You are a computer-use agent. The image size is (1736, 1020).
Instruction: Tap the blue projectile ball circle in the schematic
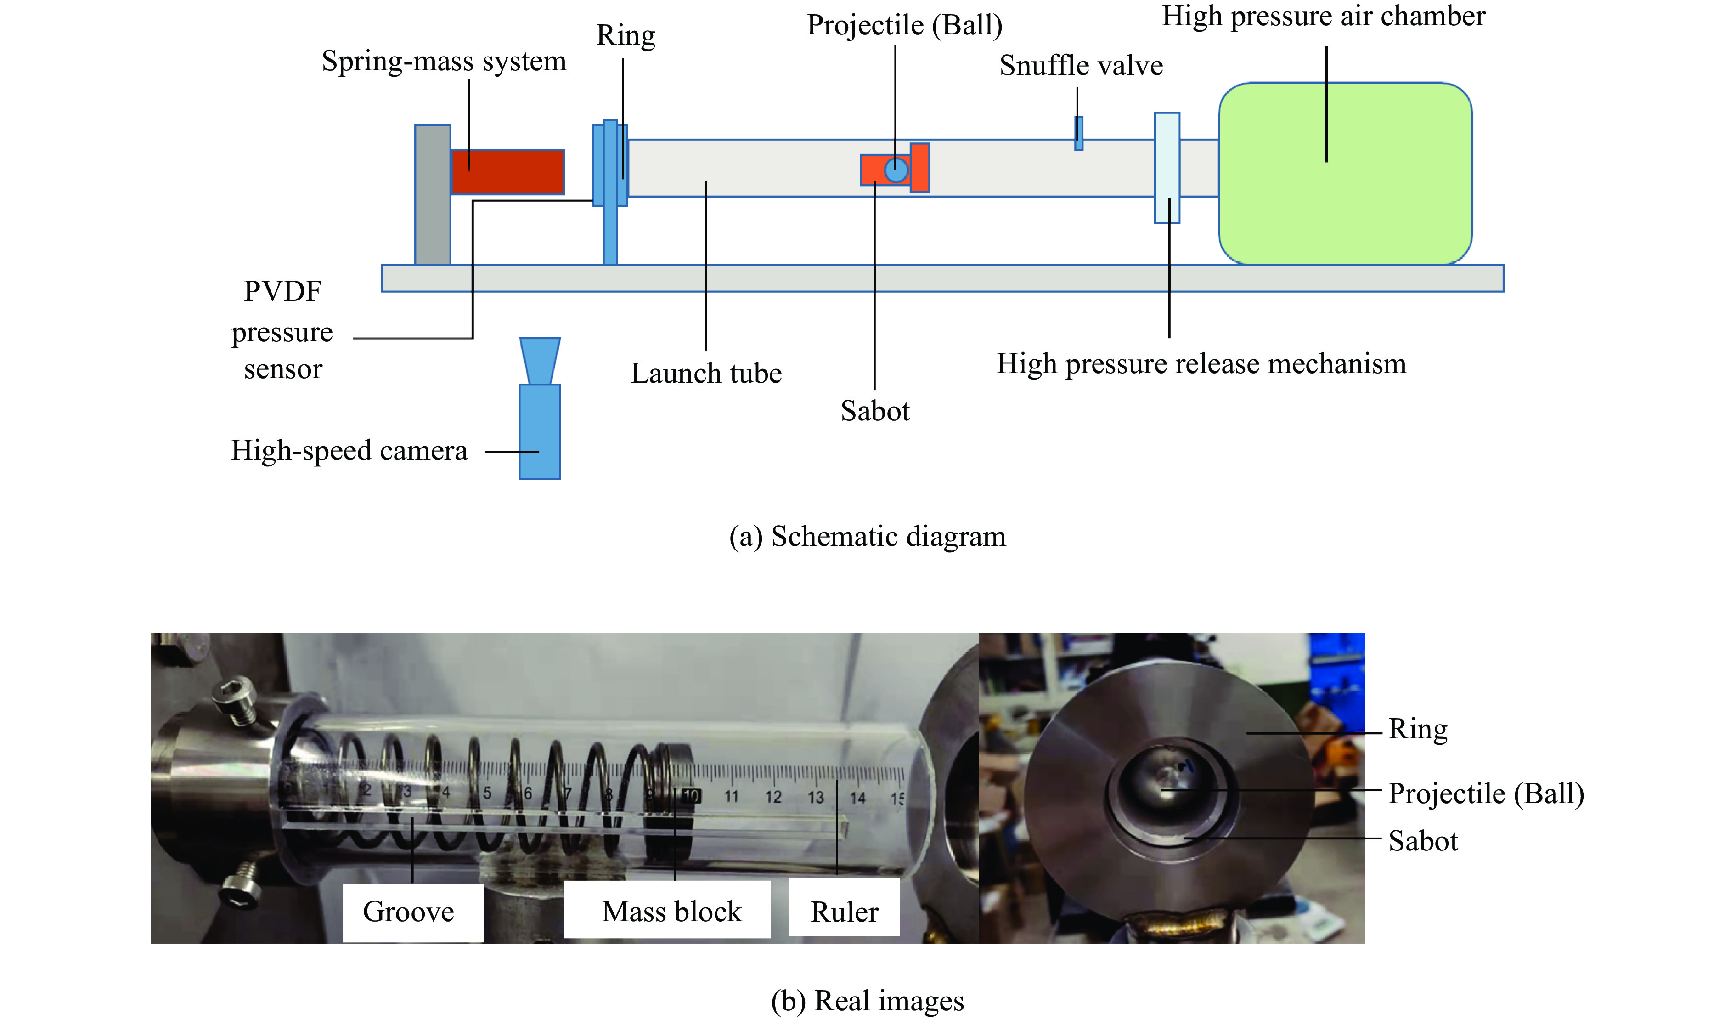tap(896, 170)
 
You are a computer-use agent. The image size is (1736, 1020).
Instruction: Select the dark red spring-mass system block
tap(508, 172)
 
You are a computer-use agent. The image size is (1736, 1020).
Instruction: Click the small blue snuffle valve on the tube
tap(1079, 133)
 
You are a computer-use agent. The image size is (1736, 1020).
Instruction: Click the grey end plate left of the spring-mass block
tap(433, 194)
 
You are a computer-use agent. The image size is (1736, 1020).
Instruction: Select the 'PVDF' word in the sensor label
tap(282, 291)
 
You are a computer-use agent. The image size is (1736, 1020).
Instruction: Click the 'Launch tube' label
tap(706, 374)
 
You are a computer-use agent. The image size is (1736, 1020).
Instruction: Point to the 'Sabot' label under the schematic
tap(875, 412)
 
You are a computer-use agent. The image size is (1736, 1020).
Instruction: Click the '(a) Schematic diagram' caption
tap(867, 536)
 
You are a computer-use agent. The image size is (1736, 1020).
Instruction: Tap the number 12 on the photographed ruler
tap(773, 798)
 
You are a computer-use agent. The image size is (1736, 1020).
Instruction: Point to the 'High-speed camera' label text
tap(349, 451)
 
